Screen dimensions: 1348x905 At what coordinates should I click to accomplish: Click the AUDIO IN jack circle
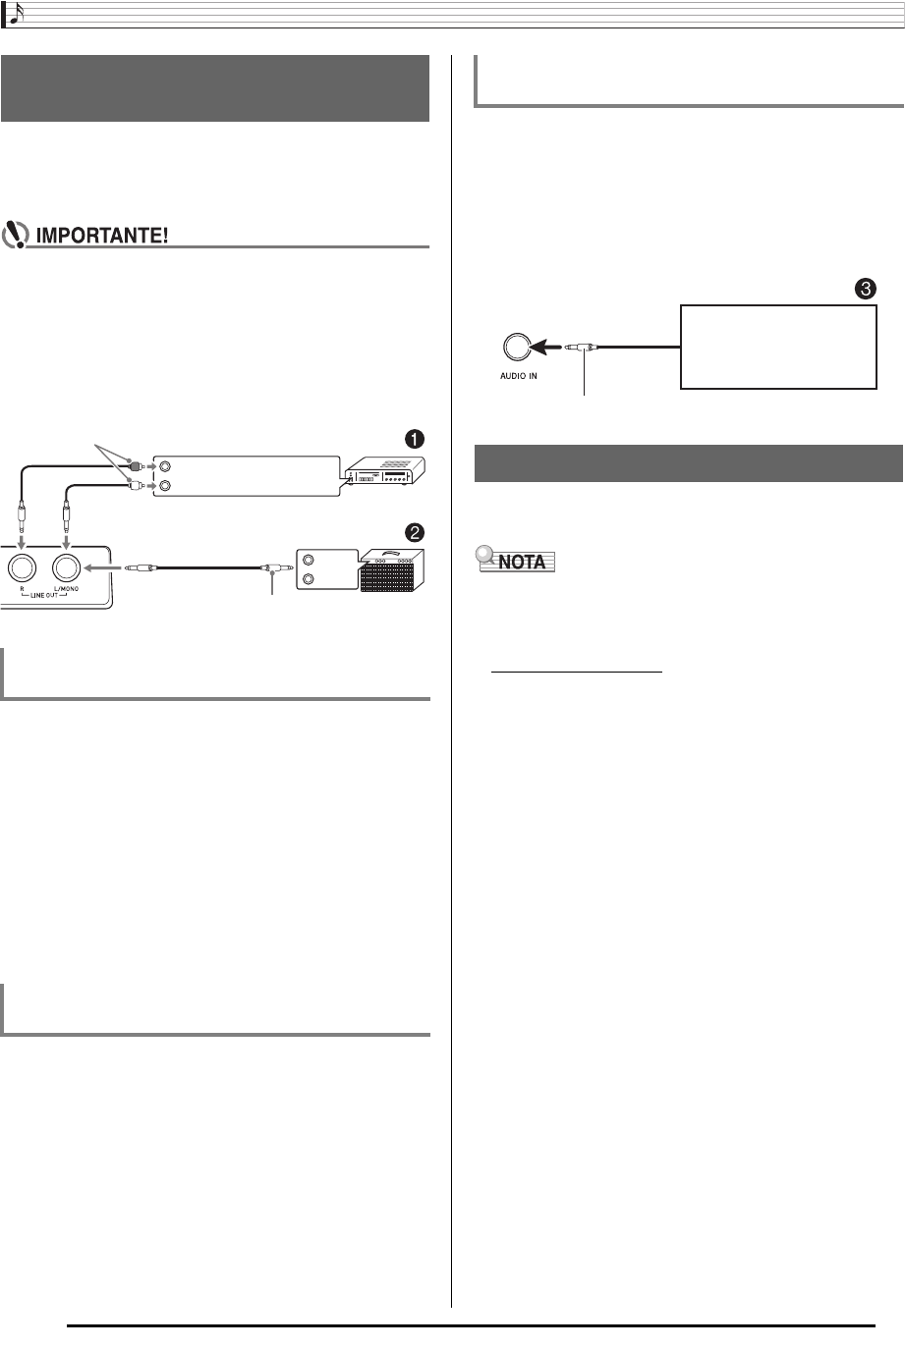pyautogui.click(x=518, y=348)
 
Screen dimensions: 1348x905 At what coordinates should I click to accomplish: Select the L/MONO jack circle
pyautogui.click(x=67, y=568)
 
